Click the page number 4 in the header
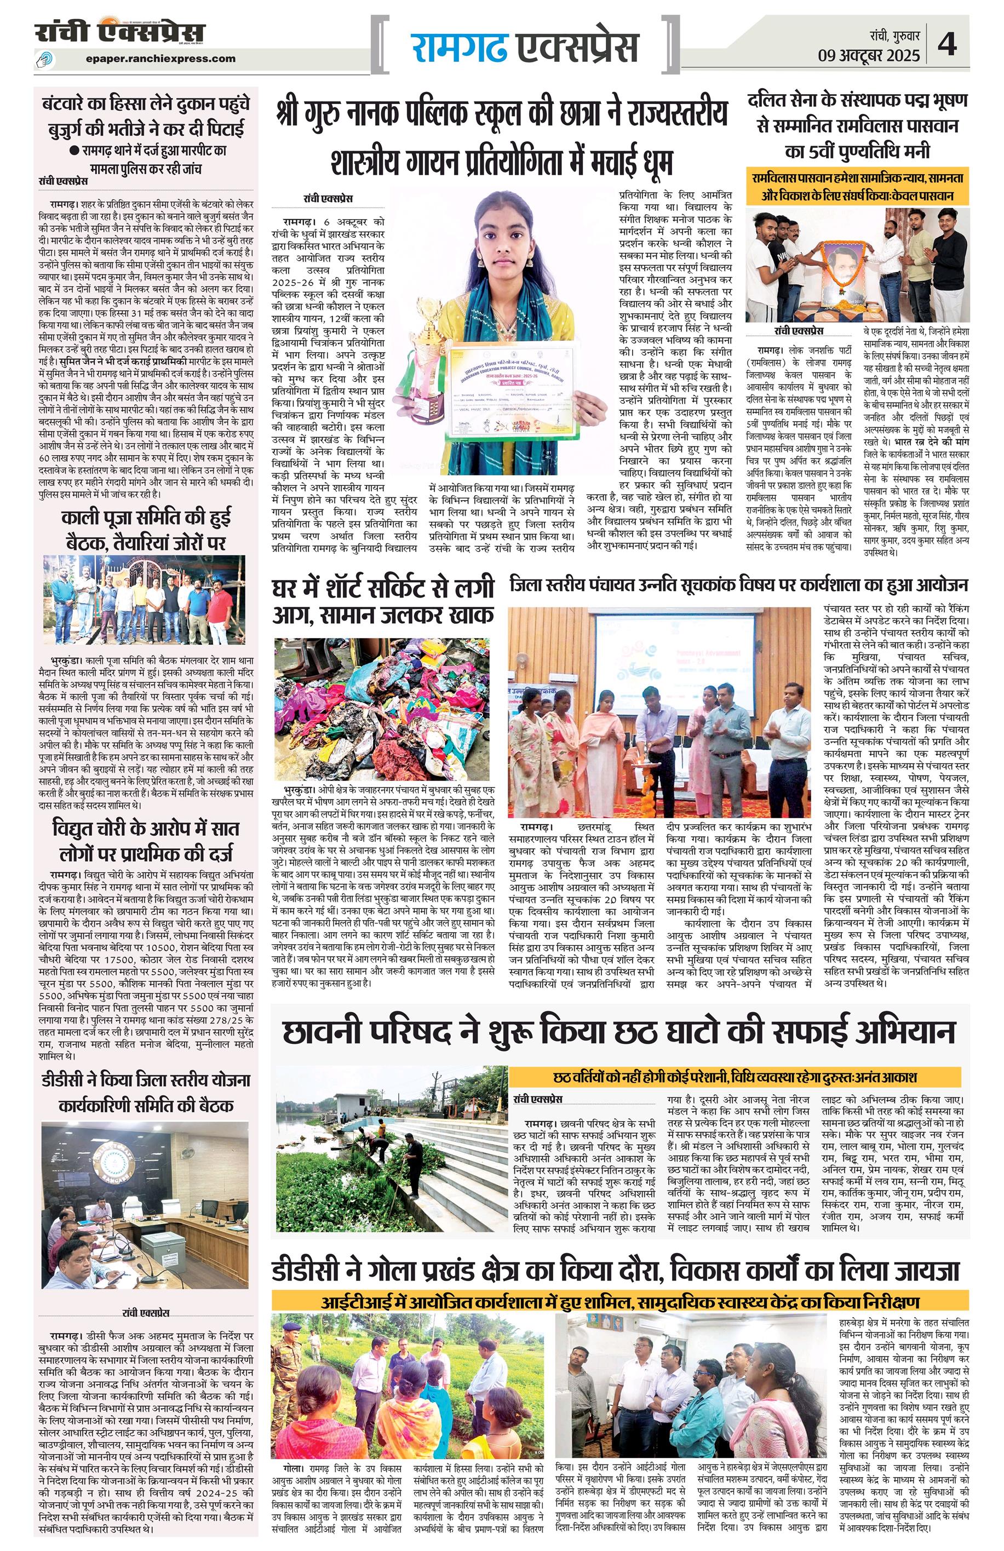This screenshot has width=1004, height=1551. (946, 45)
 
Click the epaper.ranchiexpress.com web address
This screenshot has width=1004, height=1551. (160, 59)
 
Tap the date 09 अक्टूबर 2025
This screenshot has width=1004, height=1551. (869, 55)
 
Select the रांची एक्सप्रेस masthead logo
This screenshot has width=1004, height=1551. (120, 32)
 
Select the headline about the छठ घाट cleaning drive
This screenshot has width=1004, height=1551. (619, 1033)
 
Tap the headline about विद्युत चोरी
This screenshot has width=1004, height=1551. (146, 841)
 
